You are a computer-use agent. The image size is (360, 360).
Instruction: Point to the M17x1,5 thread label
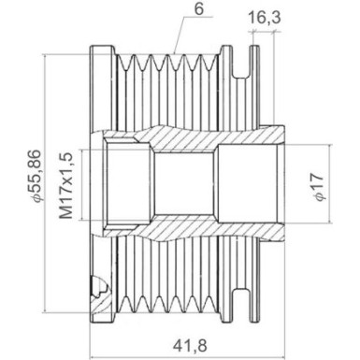click(x=67, y=186)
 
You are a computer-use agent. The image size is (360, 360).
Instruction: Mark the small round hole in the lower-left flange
click(x=96, y=283)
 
